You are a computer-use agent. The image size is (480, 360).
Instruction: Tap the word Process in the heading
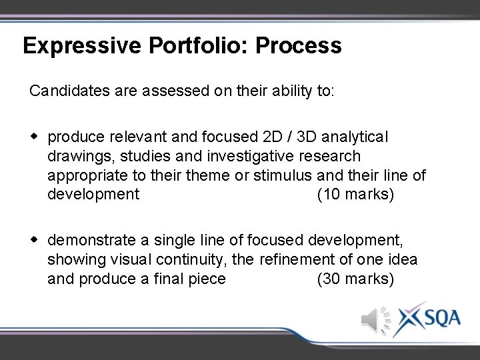(x=298, y=46)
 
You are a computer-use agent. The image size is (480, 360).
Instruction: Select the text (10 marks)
(x=355, y=195)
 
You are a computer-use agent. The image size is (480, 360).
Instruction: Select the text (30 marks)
(x=355, y=279)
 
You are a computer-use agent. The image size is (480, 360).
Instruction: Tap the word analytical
(x=355, y=137)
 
